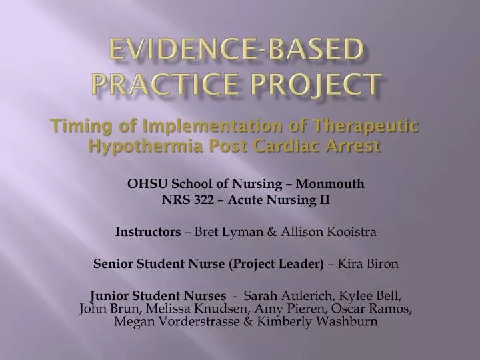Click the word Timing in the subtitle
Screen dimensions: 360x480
[75, 126]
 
